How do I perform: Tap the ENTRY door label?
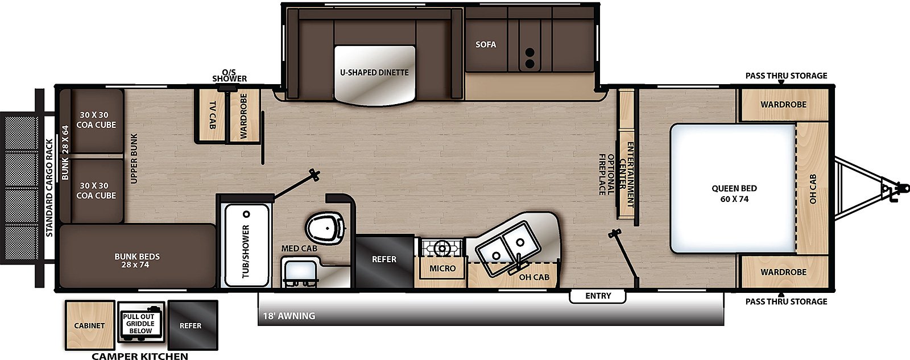pos(598,296)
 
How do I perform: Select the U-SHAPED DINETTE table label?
pos(374,73)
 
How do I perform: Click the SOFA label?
pos(486,44)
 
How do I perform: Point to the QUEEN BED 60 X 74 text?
pos(734,193)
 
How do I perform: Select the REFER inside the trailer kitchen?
pos(384,259)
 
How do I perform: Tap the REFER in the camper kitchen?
pos(191,325)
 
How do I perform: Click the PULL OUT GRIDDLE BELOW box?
pos(140,323)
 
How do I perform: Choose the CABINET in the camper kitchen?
pos(89,325)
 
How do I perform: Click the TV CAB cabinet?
pos(211,115)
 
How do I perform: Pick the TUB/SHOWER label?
pos(246,251)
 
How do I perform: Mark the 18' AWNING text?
pos(289,316)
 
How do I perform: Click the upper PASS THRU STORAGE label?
pos(786,76)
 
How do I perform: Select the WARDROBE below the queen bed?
pos(783,272)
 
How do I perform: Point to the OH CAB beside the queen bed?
pos(813,189)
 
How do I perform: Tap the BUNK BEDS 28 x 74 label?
pos(137,260)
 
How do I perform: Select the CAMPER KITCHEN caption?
pos(140,357)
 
